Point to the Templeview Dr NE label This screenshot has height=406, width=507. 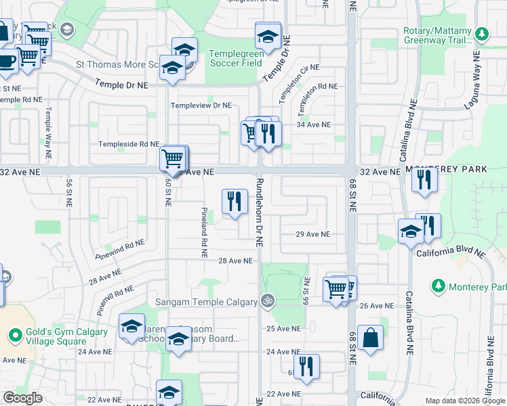[201, 106]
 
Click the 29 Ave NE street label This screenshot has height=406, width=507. [312, 234]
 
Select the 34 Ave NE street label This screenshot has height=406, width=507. [313, 125]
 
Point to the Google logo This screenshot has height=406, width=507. [22, 398]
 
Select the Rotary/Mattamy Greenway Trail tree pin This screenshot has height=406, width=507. [482, 34]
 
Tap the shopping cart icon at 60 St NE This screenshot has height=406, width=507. [174, 159]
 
